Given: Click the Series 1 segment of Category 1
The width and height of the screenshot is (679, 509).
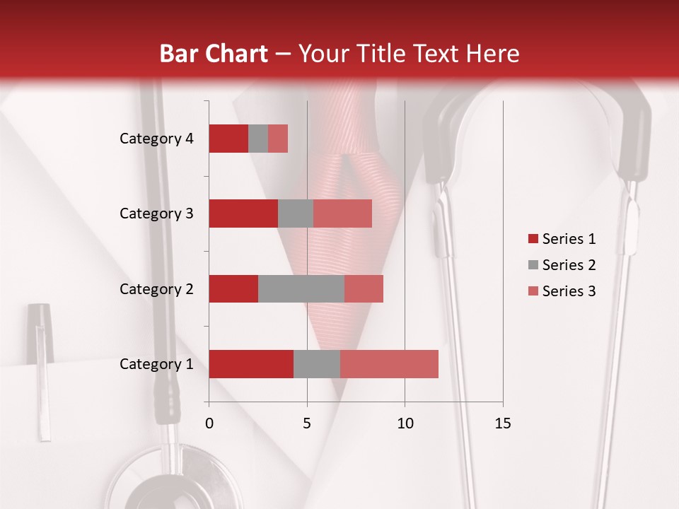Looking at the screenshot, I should point(251,364).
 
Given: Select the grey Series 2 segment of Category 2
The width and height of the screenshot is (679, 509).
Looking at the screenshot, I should point(301,288).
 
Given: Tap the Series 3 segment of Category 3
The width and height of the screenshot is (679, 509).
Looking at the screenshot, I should point(342,213).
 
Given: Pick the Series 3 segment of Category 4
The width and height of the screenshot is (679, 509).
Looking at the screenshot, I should point(278,139).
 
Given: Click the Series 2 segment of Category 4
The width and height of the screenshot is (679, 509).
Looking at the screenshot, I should point(258,139).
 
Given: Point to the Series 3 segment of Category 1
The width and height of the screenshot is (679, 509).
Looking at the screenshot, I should point(389,364).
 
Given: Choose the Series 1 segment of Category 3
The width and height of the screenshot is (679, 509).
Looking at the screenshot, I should point(243,213).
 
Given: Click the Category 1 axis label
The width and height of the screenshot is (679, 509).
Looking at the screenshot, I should point(156,364).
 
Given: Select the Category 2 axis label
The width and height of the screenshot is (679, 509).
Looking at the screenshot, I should point(156,288).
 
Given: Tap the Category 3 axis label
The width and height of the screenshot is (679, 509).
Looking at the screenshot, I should point(156,213).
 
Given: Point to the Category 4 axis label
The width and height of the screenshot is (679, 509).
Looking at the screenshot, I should point(156,139).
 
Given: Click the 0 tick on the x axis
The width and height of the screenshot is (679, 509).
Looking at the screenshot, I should point(209,423).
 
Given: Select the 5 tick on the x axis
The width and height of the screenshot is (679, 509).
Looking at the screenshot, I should point(307,423).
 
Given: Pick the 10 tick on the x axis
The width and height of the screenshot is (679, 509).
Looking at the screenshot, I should point(405,423).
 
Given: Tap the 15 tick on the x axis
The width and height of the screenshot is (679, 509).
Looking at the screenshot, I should point(502,423).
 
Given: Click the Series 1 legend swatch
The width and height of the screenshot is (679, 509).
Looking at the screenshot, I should point(533,239).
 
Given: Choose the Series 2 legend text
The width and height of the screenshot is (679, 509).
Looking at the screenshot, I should point(569,265).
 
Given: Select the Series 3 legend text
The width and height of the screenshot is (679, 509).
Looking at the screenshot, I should point(569,291).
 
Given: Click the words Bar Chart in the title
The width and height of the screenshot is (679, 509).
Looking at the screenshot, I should point(214,53).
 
